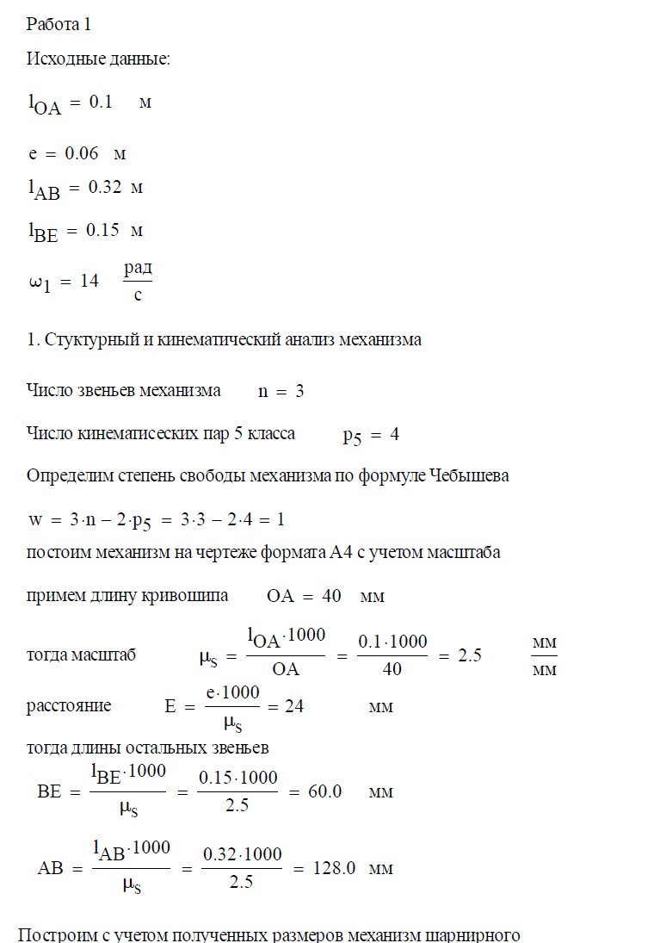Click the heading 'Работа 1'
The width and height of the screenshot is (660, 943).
click(59, 24)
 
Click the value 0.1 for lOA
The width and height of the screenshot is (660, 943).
click(101, 102)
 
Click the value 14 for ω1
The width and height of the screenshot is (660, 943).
click(89, 281)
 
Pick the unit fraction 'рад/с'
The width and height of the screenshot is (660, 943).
click(138, 282)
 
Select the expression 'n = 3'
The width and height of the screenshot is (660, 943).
click(281, 391)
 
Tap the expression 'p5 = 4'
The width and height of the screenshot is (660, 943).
click(371, 435)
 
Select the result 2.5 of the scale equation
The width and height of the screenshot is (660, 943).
click(469, 655)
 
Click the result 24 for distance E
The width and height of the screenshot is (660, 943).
click(293, 706)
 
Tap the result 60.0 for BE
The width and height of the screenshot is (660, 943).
click(325, 791)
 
